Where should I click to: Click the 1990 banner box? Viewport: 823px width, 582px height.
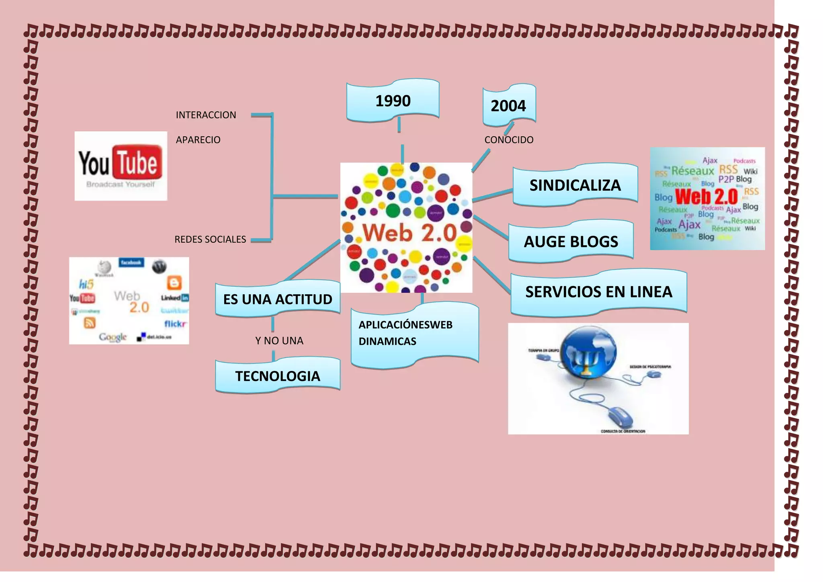393,100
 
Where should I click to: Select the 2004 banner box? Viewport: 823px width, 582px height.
508,105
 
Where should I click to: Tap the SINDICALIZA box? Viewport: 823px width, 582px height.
575,185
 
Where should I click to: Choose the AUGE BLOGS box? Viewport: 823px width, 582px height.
571,241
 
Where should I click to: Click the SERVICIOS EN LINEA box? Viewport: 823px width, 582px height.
598,292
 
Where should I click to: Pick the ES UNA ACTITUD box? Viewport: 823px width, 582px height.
278,299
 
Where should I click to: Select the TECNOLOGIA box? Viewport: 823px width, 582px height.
278,376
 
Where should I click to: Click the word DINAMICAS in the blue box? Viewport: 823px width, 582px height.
387,341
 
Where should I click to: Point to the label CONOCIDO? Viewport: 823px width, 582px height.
509,140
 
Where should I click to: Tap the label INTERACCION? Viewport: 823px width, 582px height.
206,115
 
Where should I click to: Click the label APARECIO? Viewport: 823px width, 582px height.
198,140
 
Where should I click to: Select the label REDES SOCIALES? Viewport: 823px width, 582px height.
210,240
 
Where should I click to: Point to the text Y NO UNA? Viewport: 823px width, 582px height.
279,341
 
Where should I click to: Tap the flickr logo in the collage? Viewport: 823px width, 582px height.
175,324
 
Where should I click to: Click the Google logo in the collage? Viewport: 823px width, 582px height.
113,337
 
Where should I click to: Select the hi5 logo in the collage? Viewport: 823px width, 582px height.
86,285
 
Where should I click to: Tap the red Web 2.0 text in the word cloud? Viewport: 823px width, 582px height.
706,197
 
